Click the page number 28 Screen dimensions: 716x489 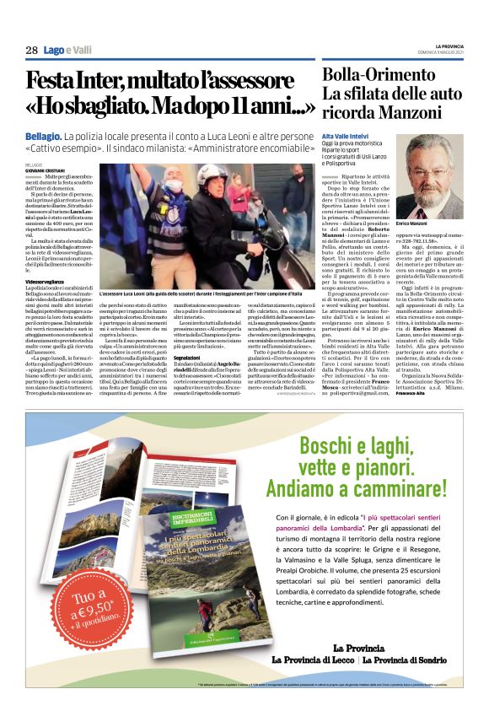coord(31,50)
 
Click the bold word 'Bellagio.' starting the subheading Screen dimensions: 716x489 coord(43,135)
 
